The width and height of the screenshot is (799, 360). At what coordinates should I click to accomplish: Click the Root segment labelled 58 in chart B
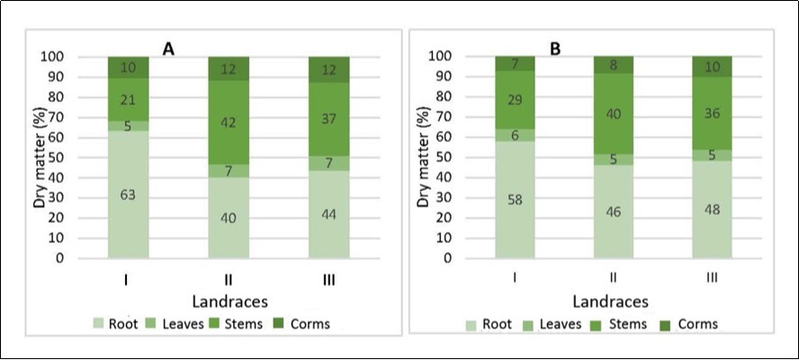click(x=516, y=200)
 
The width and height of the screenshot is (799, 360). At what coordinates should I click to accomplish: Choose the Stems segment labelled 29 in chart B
click(x=516, y=100)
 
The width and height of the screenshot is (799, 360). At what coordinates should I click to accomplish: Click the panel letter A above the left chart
click(x=168, y=50)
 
